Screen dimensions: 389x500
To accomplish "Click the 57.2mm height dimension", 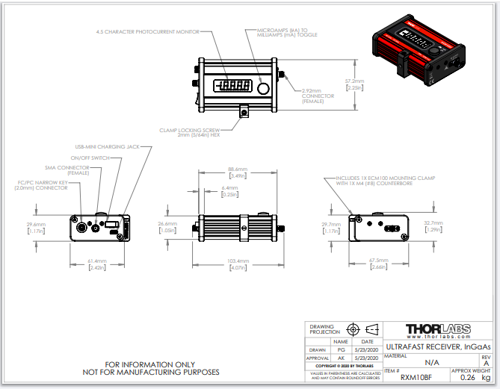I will [354, 81].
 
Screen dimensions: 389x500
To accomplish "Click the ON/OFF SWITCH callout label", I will [90, 158].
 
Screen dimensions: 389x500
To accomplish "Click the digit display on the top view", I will [232, 87].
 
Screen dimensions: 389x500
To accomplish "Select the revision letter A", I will [487, 364].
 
